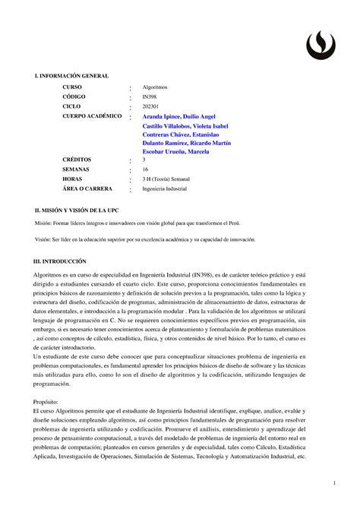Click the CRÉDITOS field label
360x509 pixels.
[80, 160]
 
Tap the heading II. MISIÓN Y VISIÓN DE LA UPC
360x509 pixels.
[77, 209]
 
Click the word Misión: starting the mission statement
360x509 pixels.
[35, 225]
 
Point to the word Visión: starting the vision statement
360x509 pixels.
[34, 239]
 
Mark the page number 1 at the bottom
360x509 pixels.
[333, 483]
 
